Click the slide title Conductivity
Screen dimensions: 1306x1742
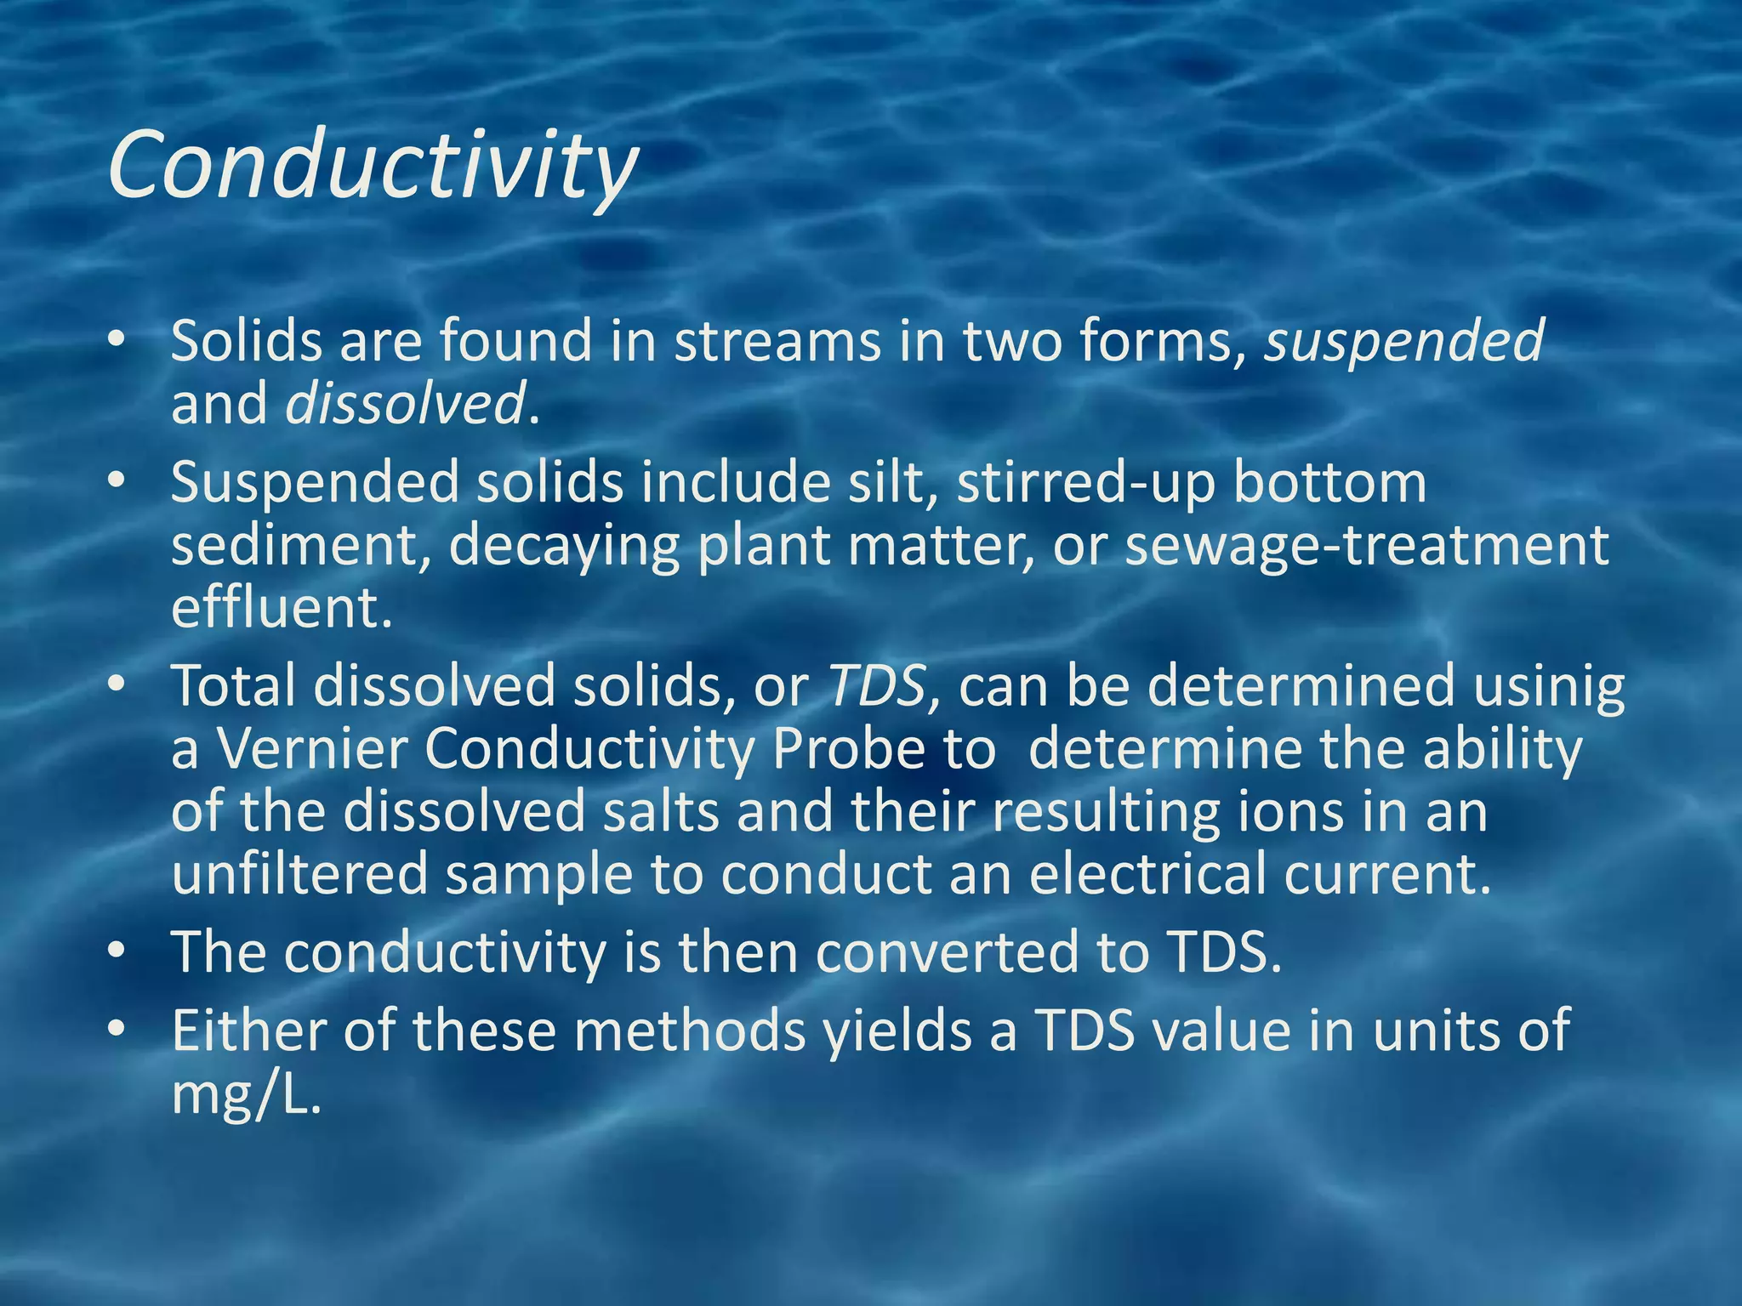[373, 165]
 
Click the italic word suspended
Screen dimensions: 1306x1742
[1403, 342]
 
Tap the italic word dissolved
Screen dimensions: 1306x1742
[405, 404]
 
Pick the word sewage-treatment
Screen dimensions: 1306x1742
[1366, 545]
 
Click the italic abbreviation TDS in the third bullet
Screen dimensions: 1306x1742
[876, 687]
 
